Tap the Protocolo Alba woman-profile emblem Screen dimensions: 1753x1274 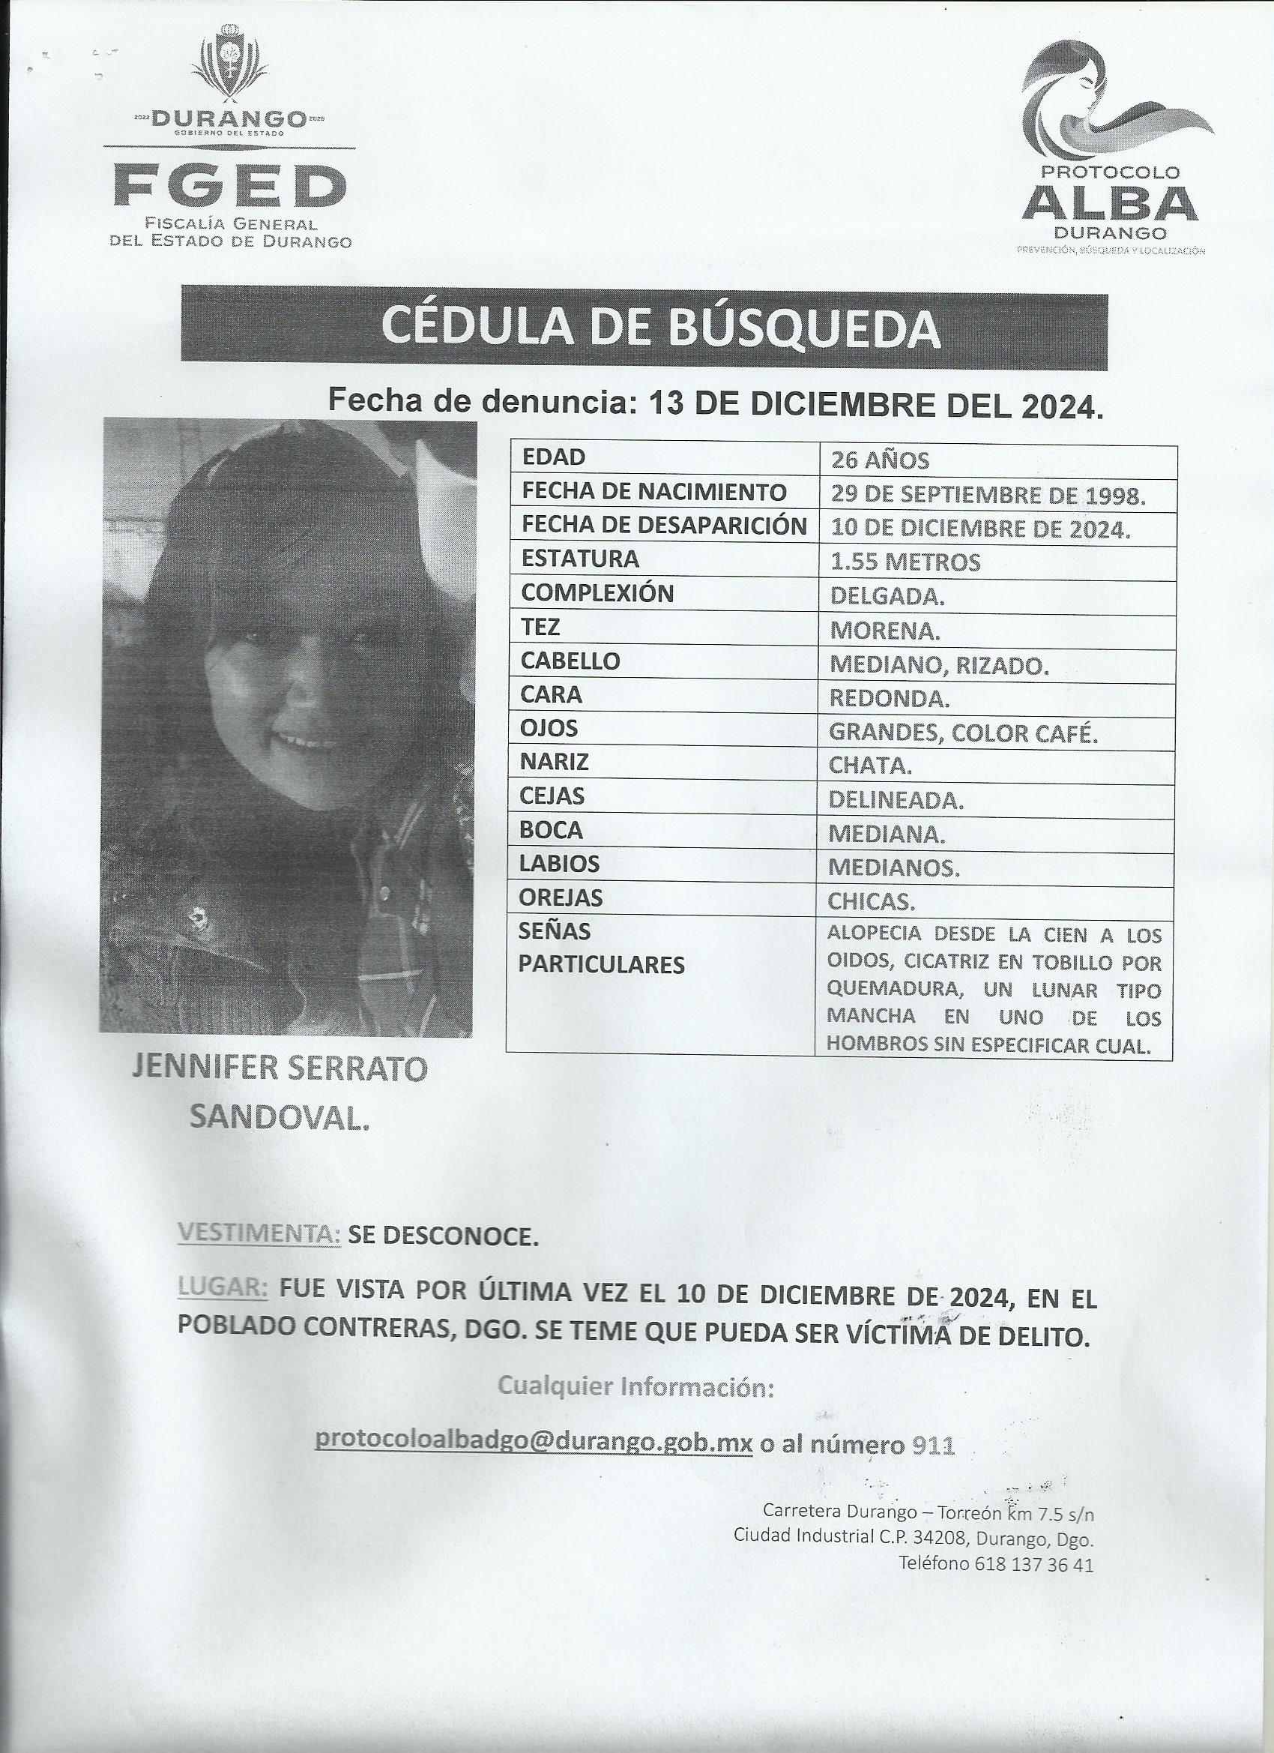click(x=1113, y=108)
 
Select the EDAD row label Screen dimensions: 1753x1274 click(x=554, y=457)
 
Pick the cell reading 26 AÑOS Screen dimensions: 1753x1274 click(x=879, y=460)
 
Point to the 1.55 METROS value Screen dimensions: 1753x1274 click(x=905, y=562)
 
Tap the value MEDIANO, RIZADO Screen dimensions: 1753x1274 click(x=939, y=665)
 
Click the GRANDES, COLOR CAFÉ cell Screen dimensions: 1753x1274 click(x=963, y=733)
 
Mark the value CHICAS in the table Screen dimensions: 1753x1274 click(x=872, y=902)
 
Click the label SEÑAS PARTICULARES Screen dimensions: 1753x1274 click(x=601, y=948)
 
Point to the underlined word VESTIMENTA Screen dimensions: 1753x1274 click(x=259, y=1236)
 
